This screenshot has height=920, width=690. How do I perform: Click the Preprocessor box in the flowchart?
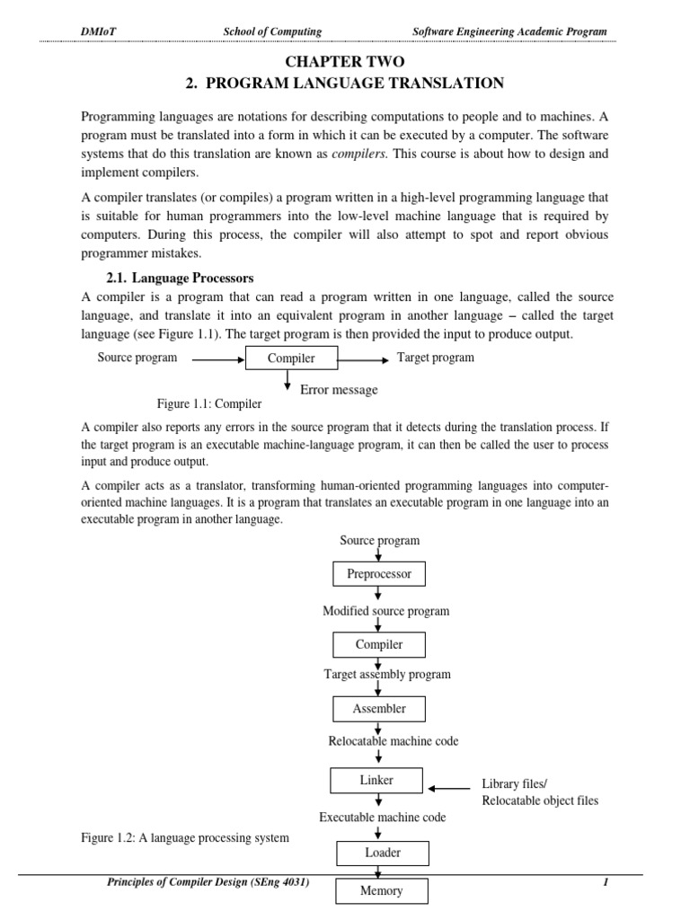pos(378,573)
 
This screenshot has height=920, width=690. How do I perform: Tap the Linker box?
pos(376,781)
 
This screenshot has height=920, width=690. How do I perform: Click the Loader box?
pos(382,853)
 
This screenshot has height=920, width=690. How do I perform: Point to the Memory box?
pos(382,891)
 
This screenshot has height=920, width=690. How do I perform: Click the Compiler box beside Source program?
pos(292,358)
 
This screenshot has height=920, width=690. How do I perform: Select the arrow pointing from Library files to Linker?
pos(448,789)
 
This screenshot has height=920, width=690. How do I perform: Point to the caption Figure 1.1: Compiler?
pos(209,403)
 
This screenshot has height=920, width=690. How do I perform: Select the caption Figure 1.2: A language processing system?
pos(185,838)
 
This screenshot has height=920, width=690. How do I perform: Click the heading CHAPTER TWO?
pos(346,61)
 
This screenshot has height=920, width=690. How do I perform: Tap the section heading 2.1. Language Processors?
pos(181,278)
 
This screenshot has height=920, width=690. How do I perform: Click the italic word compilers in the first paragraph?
pos(358,154)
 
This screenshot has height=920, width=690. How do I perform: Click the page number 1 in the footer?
pos(606,883)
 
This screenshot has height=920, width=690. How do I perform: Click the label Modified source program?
pos(385,611)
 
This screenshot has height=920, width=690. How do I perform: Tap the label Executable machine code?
pos(383,817)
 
